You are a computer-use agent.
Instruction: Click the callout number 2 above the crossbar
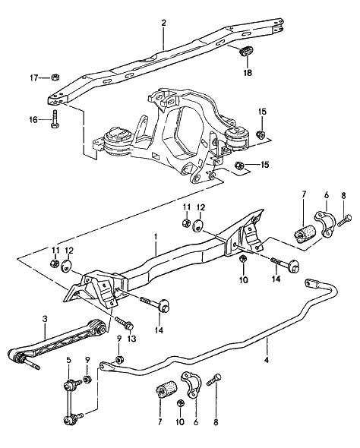tap(163, 23)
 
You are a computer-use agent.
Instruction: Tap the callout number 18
tap(248, 73)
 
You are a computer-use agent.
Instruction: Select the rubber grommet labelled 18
tap(245, 51)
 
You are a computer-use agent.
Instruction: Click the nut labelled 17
tap(55, 77)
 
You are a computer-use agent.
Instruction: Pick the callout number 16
tap(33, 119)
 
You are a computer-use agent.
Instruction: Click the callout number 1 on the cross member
tap(156, 236)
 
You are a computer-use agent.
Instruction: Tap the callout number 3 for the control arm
tap(44, 319)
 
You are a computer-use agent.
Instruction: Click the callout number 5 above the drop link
tap(68, 360)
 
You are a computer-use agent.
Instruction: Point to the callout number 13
tap(131, 339)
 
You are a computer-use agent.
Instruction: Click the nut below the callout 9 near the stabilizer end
tap(119, 359)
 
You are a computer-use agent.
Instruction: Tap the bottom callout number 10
tap(180, 421)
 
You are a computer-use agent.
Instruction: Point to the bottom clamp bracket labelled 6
tap(191, 384)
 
